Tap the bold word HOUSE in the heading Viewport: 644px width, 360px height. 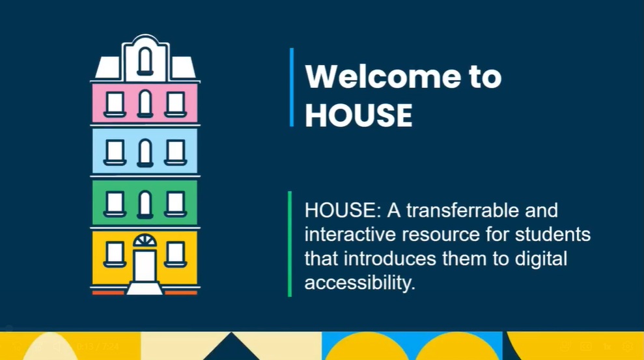coord(359,115)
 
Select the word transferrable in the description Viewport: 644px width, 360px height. coord(463,210)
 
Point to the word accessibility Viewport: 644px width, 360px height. coord(360,283)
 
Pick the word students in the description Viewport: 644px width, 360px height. coord(553,234)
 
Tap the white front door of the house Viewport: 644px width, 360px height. coord(145,266)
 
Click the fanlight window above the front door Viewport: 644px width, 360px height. coord(145,241)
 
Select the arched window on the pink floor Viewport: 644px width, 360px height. coord(145,104)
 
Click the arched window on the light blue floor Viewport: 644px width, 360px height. coord(145,153)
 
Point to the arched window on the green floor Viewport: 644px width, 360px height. coord(145,204)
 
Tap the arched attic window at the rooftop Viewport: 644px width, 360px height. coord(145,62)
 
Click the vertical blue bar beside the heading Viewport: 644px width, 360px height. coord(292,87)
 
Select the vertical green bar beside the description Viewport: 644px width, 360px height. coord(290,244)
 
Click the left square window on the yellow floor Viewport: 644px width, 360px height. coord(115,255)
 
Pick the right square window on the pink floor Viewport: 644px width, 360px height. coord(175,105)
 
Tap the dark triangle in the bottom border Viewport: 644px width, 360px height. coord(231,347)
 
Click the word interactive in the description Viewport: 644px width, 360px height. coord(349,234)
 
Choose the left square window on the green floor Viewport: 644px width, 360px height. coord(115,204)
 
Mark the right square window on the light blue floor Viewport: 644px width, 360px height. coord(175,153)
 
